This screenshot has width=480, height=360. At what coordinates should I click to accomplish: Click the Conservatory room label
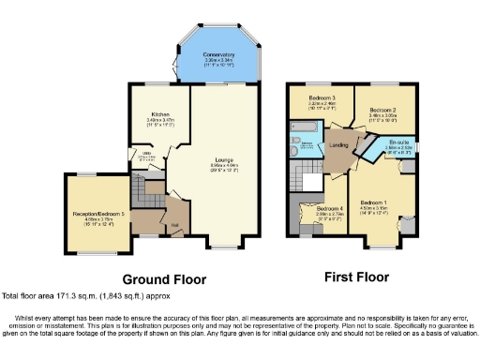(x=218, y=55)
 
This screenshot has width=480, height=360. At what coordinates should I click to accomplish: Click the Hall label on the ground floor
(x=174, y=226)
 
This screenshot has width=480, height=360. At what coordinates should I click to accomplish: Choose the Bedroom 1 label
(x=374, y=202)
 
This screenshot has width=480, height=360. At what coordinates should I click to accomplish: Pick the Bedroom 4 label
(x=329, y=208)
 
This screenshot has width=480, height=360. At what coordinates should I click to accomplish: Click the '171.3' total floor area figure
(x=68, y=294)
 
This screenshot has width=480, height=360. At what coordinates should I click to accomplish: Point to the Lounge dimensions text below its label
(x=222, y=169)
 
